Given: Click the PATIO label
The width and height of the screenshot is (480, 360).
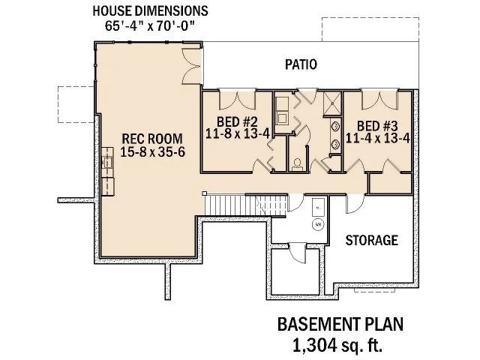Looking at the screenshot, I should point(300,65).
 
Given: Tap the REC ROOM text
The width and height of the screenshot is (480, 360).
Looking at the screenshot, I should point(150,138).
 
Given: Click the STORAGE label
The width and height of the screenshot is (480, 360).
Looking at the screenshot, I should point(370,241).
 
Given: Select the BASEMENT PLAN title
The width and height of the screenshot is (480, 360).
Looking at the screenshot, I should point(340,325).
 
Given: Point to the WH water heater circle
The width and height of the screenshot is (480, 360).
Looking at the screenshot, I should point(317,223).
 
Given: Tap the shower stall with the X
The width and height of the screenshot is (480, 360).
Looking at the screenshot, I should point(331,103).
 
